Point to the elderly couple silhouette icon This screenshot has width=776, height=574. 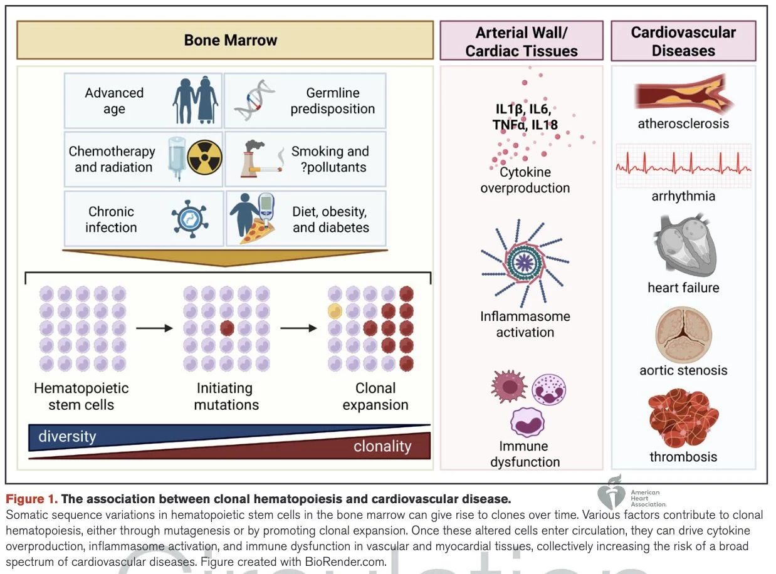pyautogui.click(x=196, y=100)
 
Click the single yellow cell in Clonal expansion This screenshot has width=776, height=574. pyautogui.click(x=335, y=311)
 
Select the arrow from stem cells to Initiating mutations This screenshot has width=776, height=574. pyautogui.click(x=154, y=328)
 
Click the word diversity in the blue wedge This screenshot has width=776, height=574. pyautogui.click(x=67, y=437)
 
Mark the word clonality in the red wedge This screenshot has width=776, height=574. pyautogui.click(x=382, y=447)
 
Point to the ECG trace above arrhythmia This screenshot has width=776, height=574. pyautogui.click(x=683, y=167)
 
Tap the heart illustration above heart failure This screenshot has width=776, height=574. pyautogui.click(x=683, y=246)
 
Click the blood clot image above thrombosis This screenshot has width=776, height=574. pyautogui.click(x=683, y=417)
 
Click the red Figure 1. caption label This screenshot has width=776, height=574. pyautogui.click(x=31, y=499)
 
